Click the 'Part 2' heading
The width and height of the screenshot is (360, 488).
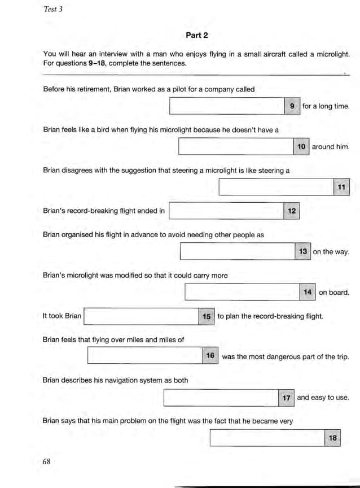(197, 35)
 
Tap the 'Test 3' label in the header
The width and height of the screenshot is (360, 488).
(52, 10)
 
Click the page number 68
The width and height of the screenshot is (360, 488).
(47, 461)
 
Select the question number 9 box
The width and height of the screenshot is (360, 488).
(292, 106)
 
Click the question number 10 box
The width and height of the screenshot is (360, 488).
(301, 147)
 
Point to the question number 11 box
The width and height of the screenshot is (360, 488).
(341, 187)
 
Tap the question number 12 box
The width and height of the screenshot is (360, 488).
(292, 211)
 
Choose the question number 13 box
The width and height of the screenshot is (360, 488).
(303, 252)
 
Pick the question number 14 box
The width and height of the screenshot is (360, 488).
(308, 293)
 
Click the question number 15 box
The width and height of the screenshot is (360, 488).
(207, 316)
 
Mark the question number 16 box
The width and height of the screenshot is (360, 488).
(210, 356)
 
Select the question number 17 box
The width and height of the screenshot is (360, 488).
(287, 398)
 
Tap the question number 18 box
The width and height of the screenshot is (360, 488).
(333, 438)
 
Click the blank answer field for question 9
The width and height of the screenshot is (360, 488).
(227, 106)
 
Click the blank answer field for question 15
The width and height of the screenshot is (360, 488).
(141, 316)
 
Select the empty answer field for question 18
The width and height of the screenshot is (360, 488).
(267, 438)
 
